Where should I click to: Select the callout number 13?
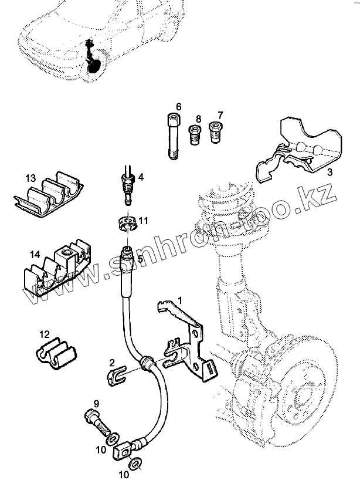30,178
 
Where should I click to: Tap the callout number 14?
35,255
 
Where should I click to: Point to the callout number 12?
45,334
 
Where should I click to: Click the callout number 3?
330,172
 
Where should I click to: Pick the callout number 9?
96,403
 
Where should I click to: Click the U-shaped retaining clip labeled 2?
120,374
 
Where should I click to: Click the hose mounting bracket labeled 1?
191,346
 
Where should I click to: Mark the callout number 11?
144,221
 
